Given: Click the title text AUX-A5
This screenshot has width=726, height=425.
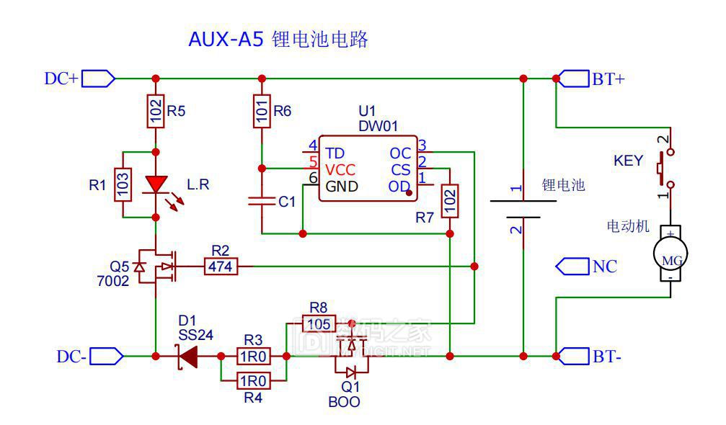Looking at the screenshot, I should (226, 40).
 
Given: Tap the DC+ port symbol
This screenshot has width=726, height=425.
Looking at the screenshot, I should (98, 78).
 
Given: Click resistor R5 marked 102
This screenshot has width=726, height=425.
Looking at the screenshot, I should (154, 111).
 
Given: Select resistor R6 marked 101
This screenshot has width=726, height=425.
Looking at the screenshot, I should (262, 111).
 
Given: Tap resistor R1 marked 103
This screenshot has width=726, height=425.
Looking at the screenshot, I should (124, 184).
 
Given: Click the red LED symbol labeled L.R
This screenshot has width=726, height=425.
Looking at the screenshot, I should (155, 184).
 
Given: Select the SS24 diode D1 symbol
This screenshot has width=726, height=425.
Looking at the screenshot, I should (189, 355).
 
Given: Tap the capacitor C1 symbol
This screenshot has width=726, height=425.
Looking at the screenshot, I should (262, 201).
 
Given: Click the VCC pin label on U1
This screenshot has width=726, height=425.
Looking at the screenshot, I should (340, 170).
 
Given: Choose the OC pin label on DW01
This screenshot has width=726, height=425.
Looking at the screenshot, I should (400, 153).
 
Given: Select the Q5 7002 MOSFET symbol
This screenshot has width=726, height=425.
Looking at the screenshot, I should (156, 267).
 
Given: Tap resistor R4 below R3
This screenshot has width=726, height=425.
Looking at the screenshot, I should (252, 380).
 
